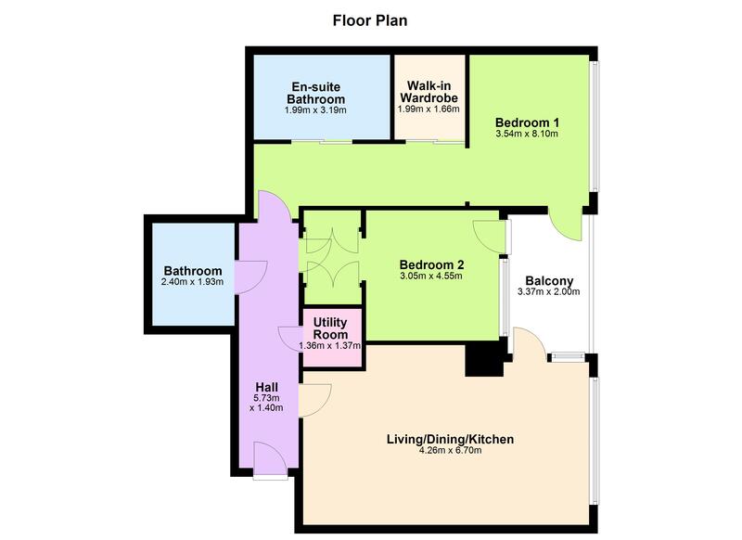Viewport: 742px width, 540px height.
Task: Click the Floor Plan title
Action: [x=370, y=19]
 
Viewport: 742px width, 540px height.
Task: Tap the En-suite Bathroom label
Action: [x=314, y=93]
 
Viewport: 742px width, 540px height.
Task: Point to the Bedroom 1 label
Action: [x=526, y=122]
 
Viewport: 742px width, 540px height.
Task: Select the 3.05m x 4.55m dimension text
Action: [x=431, y=275]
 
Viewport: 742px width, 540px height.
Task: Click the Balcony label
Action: [x=548, y=280]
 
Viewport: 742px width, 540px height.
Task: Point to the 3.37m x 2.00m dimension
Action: [x=548, y=292]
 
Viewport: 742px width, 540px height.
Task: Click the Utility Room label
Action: [x=330, y=328]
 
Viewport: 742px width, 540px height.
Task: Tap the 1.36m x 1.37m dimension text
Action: [x=330, y=346]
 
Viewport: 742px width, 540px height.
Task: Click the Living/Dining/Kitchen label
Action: [x=449, y=439]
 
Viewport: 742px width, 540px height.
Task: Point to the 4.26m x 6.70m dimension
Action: [x=449, y=451]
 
